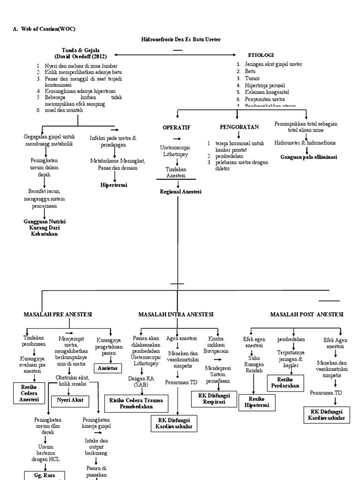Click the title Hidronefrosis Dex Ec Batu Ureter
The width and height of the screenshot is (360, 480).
pos(180,39)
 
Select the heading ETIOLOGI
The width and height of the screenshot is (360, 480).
pos(261,55)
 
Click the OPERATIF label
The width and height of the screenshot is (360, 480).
pos(176,127)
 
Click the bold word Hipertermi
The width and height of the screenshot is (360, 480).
pos(114,185)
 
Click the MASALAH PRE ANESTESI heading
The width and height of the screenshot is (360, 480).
pos(58,314)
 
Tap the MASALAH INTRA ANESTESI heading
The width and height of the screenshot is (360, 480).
pos(176,314)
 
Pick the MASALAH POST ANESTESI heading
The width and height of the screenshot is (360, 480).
pos(307,314)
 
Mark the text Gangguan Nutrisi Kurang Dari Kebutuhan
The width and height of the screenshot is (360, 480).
pos(45,227)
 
